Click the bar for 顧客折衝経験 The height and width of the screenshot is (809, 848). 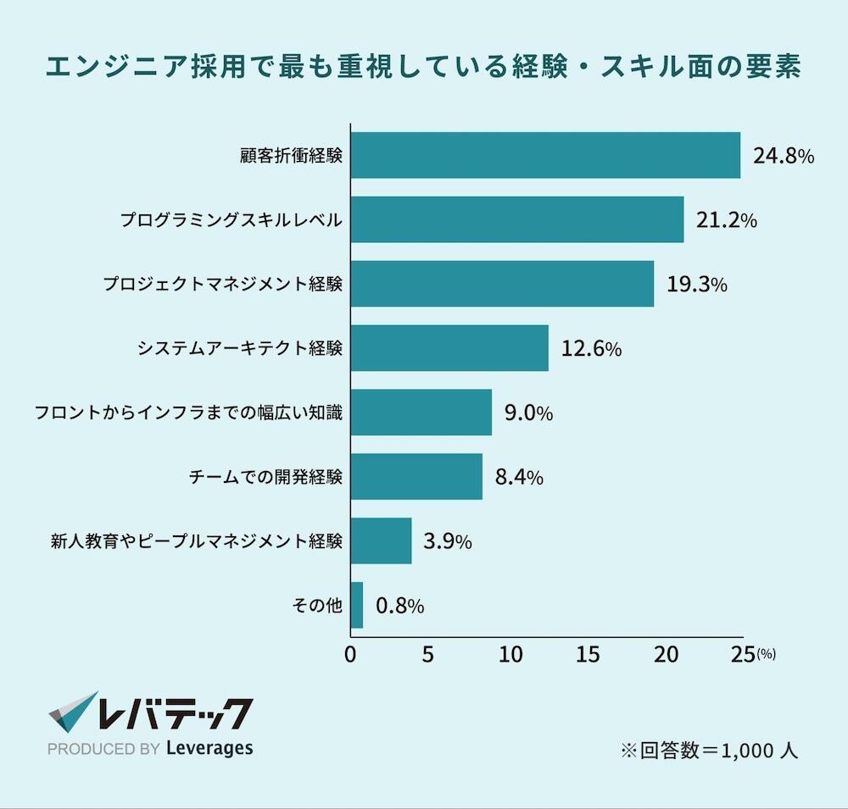[x=545, y=155]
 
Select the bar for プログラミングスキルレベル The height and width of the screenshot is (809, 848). [x=517, y=219]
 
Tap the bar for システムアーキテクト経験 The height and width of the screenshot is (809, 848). [x=449, y=348]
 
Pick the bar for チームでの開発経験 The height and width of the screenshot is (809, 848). [x=416, y=477]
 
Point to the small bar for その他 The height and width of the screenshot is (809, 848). [x=357, y=605]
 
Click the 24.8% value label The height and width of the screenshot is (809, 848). [x=784, y=157]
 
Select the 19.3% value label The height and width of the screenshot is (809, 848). [x=696, y=285]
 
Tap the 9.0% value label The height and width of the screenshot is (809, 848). [x=528, y=413]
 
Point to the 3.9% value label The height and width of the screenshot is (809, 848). [x=447, y=542]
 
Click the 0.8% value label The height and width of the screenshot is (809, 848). [x=399, y=607]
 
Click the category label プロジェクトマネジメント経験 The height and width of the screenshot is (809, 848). [x=223, y=285]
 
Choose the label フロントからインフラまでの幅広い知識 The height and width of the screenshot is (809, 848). [x=188, y=413]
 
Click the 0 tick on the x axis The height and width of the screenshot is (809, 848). [x=351, y=654]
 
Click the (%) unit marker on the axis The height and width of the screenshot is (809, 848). [x=766, y=654]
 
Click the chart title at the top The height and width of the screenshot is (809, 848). [x=423, y=68]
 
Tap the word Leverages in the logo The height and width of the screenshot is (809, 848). [x=209, y=748]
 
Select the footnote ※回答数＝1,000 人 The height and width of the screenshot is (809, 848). [x=709, y=751]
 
